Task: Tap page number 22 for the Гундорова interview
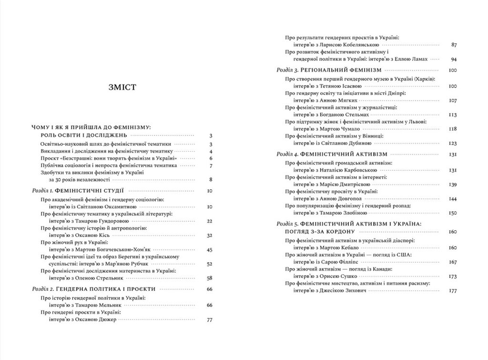(208, 221)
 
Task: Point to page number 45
(208, 249)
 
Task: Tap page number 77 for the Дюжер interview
(208, 319)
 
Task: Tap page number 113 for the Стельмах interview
(452, 115)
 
